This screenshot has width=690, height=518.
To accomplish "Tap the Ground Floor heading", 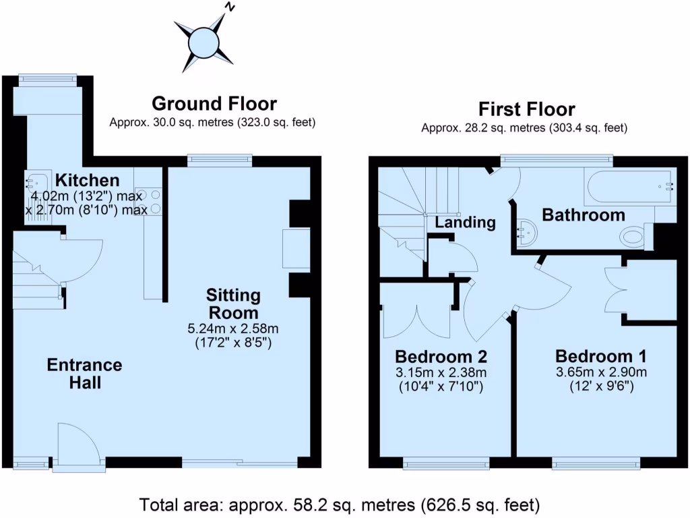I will [x=214, y=104].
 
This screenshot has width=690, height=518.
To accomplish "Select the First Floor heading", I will [x=526, y=109].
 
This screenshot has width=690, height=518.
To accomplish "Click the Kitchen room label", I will [x=87, y=180].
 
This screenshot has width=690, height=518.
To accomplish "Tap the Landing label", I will [x=465, y=222].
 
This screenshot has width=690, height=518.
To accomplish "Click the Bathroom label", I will [x=584, y=215].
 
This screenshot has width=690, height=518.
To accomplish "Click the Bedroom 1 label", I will [x=600, y=356].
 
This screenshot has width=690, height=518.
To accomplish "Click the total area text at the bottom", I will [x=340, y=504].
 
